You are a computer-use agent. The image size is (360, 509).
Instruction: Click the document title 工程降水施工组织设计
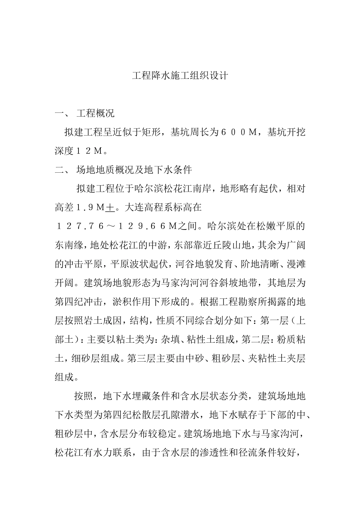[180, 76]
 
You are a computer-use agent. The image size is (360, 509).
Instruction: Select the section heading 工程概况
[95, 113]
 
